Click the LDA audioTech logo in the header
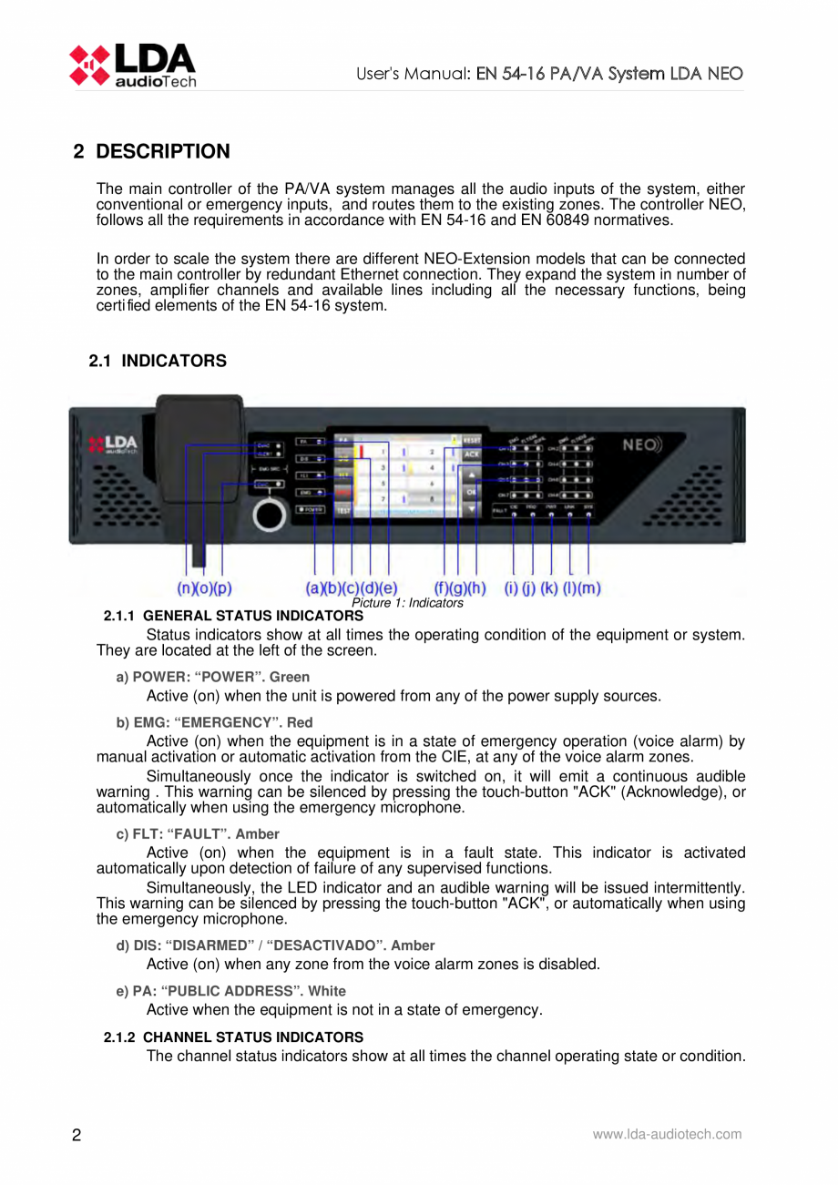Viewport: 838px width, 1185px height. point(132,65)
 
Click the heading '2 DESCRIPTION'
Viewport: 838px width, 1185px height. point(151,151)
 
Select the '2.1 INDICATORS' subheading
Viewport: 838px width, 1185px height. point(158,362)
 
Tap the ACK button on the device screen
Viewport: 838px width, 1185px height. point(471,454)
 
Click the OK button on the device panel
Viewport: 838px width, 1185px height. point(471,492)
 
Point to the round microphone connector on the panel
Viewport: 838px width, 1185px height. point(268,514)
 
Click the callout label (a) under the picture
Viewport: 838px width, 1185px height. point(313,589)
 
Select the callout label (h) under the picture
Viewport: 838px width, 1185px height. point(477,589)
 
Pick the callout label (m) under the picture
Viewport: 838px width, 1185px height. point(591,589)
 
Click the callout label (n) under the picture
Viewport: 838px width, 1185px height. point(185,589)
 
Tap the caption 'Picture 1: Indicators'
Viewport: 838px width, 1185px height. point(407,603)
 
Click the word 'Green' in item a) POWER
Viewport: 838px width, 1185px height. point(292,677)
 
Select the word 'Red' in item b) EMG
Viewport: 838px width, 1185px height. point(300,722)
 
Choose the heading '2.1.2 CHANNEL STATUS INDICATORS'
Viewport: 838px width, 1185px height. point(233,1037)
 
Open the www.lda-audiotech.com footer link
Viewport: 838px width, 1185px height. point(667,1134)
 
